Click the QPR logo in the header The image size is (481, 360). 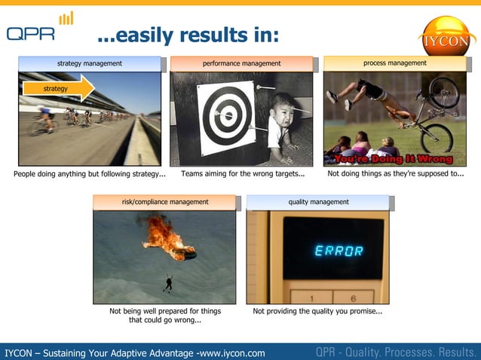(39, 29)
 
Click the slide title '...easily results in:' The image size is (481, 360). (188, 35)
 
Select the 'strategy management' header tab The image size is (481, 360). (90, 64)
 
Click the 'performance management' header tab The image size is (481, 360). (241, 64)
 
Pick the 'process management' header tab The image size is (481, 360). (394, 64)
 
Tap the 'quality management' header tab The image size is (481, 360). (318, 202)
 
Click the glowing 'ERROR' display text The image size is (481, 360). (339, 251)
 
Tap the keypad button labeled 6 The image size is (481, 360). (353, 297)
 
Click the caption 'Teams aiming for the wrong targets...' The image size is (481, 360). (243, 175)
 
